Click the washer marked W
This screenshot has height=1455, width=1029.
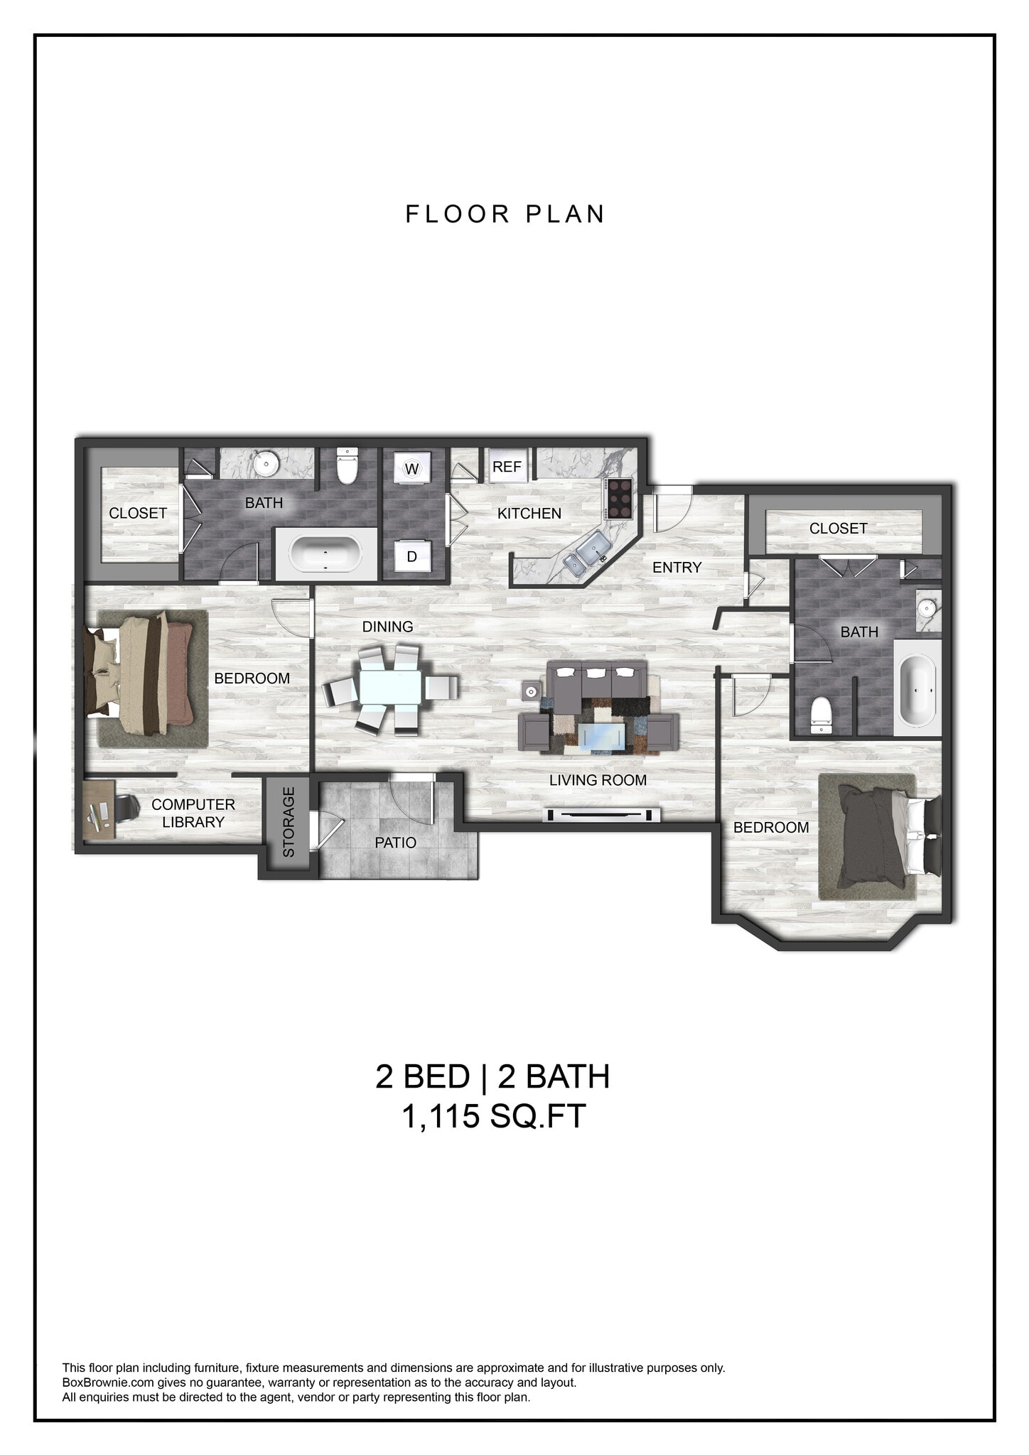pos(411,469)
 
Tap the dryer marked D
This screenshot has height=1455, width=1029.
pos(411,556)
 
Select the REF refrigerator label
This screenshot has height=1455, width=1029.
pos(507,467)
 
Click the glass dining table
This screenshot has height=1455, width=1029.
pos(389,688)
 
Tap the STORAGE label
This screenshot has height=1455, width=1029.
pos(289,822)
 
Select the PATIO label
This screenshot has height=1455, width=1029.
pos(395,843)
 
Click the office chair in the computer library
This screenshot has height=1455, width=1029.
pos(126,808)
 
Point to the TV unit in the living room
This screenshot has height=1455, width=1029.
pos(601,815)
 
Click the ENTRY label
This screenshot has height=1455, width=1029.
pos(677,567)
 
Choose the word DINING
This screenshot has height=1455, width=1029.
pos(387,627)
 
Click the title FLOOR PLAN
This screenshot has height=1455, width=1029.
pos(505,214)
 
